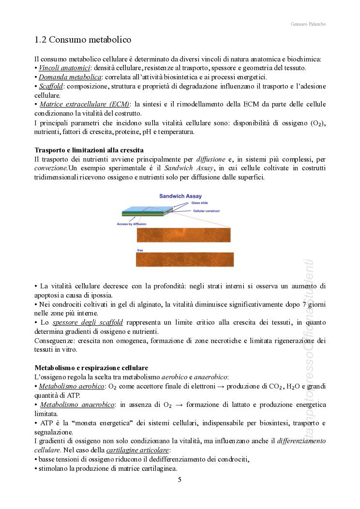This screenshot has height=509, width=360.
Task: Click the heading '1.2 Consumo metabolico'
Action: [83, 39]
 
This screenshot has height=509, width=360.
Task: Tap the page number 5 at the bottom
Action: [180, 479]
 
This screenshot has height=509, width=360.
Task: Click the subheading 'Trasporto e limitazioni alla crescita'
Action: [89, 150]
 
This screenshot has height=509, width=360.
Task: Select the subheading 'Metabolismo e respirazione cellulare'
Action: [91, 367]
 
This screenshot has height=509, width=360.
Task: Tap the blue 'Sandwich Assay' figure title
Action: [180, 196]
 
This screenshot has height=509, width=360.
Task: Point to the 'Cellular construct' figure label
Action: [206, 211]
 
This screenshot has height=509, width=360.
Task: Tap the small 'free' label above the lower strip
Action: [140, 250]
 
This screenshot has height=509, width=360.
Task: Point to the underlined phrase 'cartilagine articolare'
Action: [137, 450]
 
